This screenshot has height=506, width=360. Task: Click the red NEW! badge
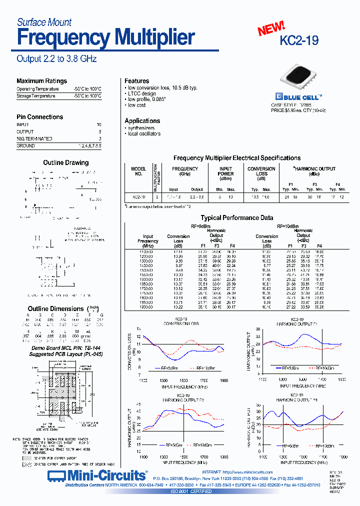pyautogui.click(x=271, y=29)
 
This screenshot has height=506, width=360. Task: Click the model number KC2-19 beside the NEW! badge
pyautogui.click(x=299, y=40)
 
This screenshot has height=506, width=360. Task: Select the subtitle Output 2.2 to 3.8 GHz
pyautogui.click(x=56, y=58)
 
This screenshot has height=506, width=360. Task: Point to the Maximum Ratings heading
pyautogui.click(x=41, y=81)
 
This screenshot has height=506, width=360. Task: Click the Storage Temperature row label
pyautogui.click(x=35, y=95)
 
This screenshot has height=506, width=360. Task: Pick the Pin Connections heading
pyautogui.click(x=39, y=117)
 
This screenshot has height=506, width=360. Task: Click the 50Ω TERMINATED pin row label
pyautogui.click(x=34, y=138)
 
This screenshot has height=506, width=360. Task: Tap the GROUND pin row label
pyautogui.click(x=25, y=145)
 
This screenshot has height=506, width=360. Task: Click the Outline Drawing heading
pyautogui.click(x=65, y=162)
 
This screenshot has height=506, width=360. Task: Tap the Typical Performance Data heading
pyautogui.click(x=236, y=218)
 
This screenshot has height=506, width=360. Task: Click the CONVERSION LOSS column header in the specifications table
pyautogui.click(x=261, y=171)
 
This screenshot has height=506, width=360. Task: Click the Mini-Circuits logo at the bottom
pyautogui.click(x=97, y=474)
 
